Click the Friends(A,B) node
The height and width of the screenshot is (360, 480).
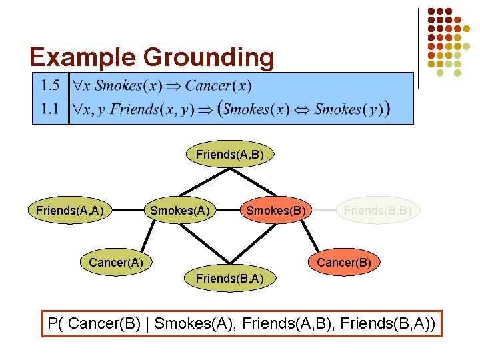pyautogui.click(x=229, y=155)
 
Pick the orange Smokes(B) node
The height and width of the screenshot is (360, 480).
pyautogui.click(x=276, y=211)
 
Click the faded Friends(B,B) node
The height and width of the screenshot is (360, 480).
pyautogui.click(x=377, y=211)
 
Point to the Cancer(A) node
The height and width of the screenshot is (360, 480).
pyautogui.click(x=116, y=262)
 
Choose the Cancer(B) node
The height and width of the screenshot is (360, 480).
pyautogui.click(x=344, y=262)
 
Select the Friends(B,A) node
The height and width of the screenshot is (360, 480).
pyautogui.click(x=229, y=278)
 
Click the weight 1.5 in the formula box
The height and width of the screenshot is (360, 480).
pyautogui.click(x=50, y=85)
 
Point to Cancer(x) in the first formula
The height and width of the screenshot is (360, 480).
pyautogui.click(x=218, y=85)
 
